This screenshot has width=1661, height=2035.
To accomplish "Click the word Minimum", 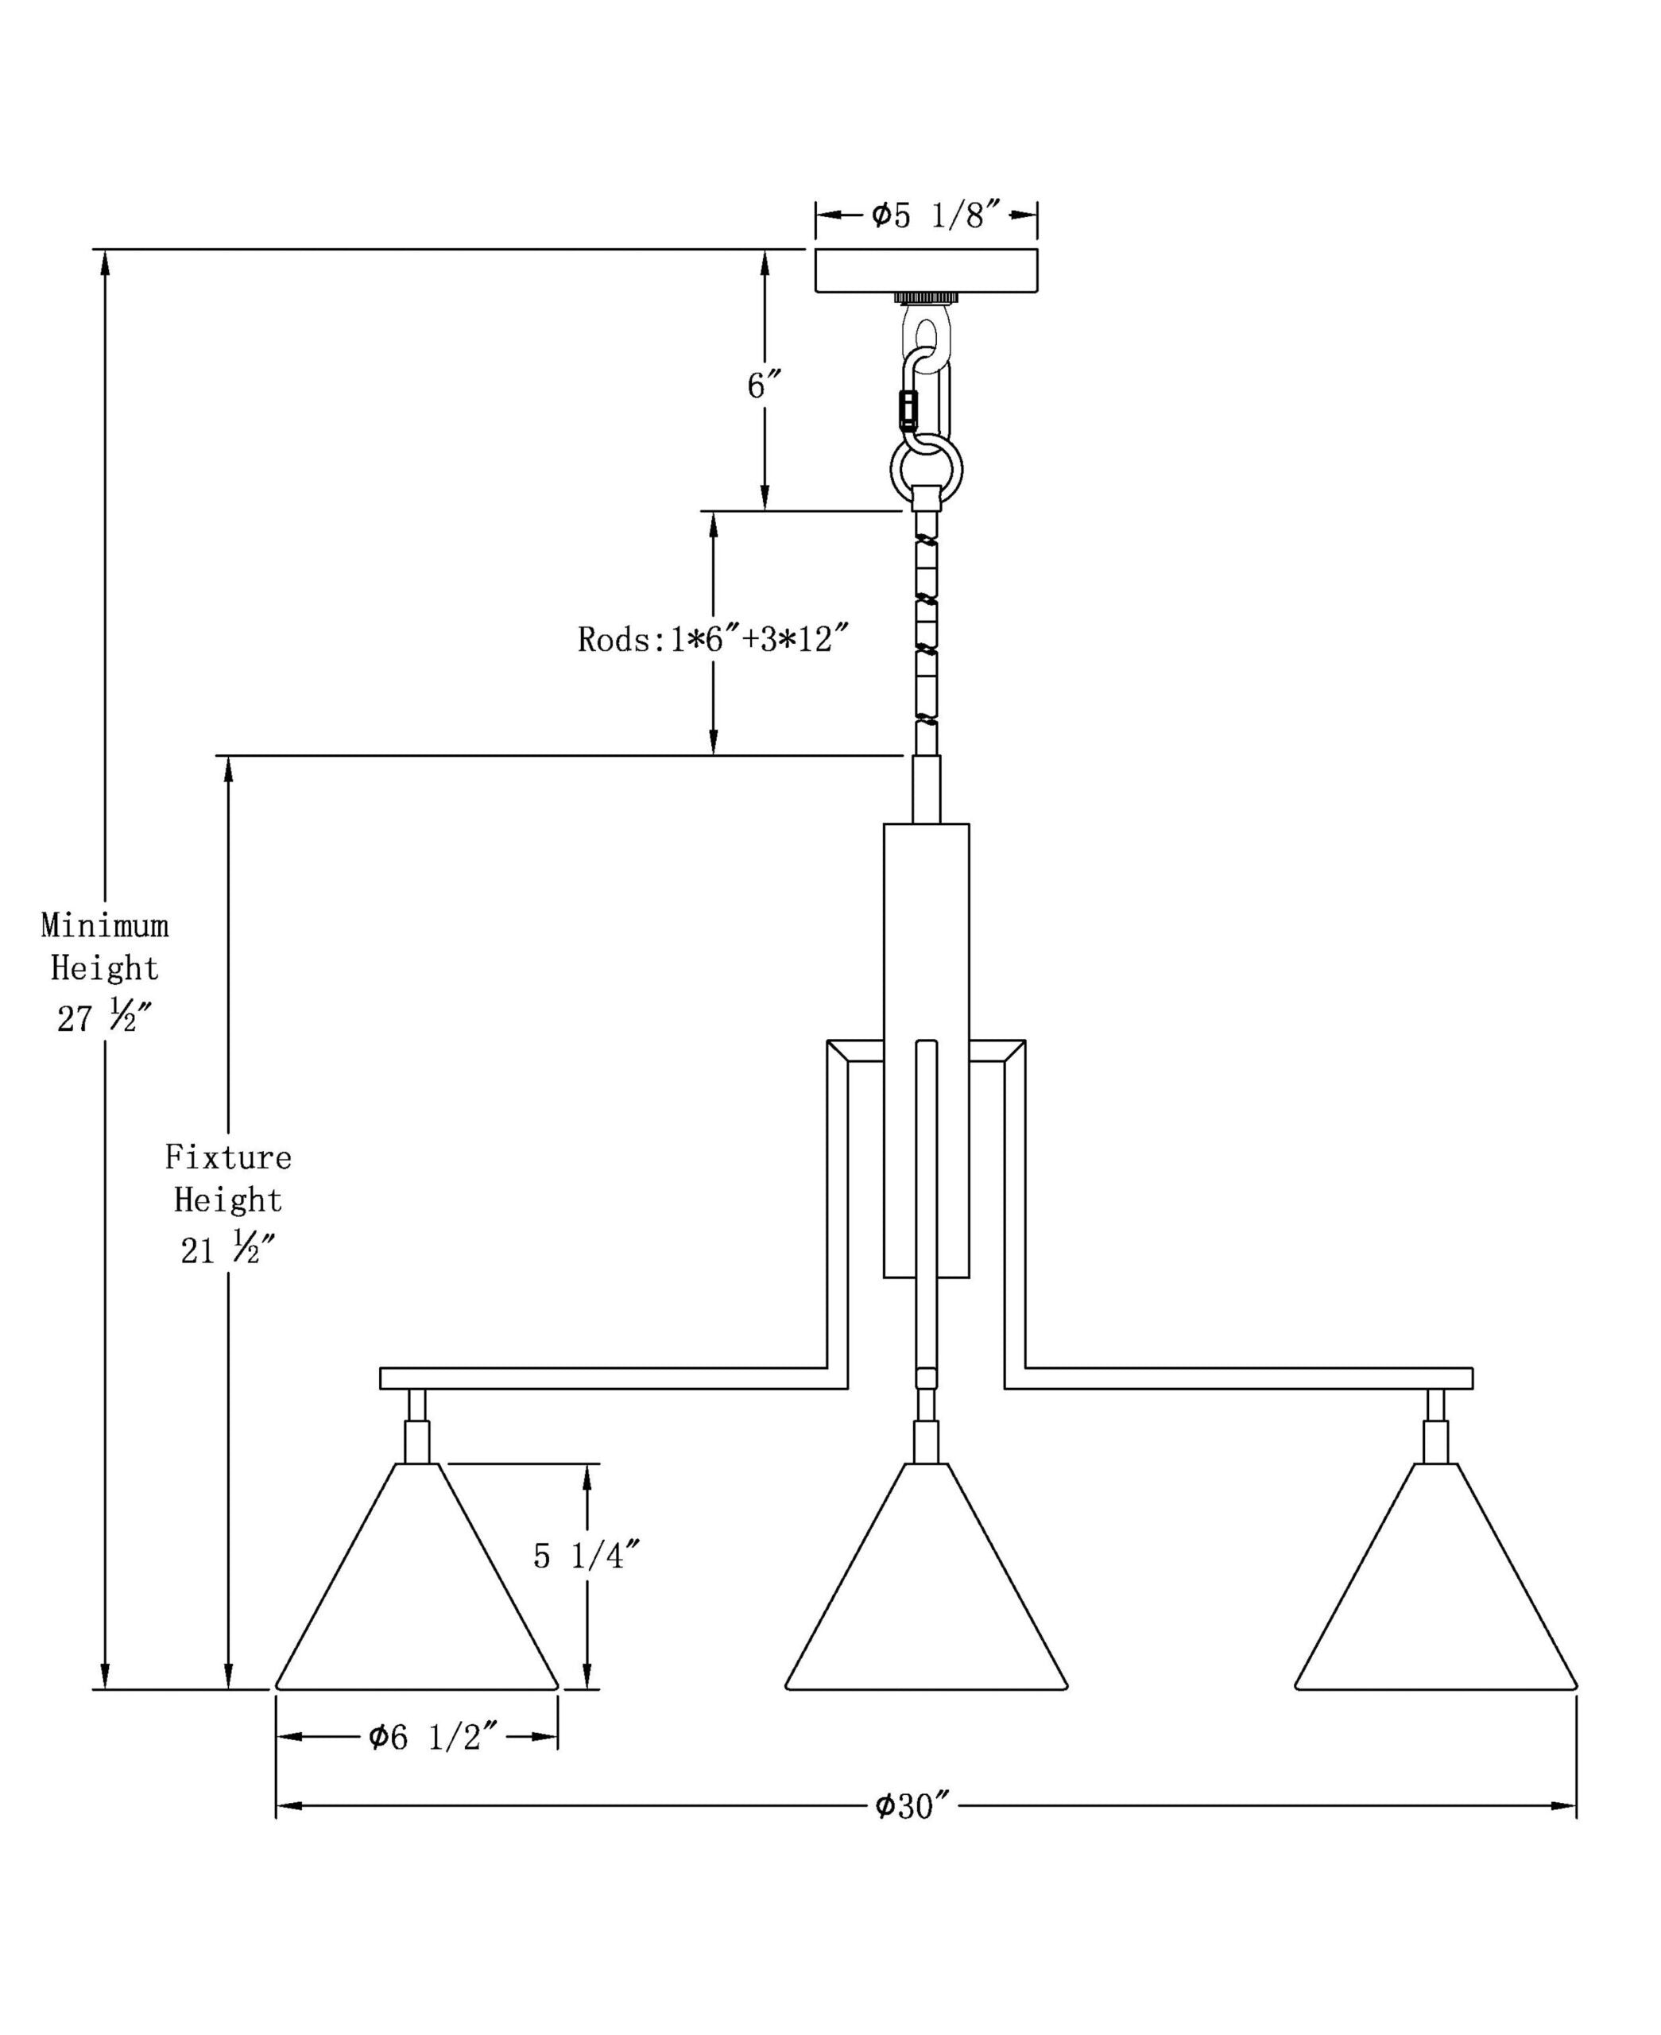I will coord(104,925).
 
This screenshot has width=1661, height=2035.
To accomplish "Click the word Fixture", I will coord(228,1157).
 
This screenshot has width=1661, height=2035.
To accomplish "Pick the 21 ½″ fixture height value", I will coord(228,1250).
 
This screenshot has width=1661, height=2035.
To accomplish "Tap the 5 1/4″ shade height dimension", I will coord(586,1556).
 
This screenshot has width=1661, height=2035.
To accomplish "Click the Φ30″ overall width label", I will coord(913,1806).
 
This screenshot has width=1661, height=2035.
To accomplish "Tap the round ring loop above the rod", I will coord(926,470).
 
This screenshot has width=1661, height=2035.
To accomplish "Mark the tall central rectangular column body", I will coord(925,957).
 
